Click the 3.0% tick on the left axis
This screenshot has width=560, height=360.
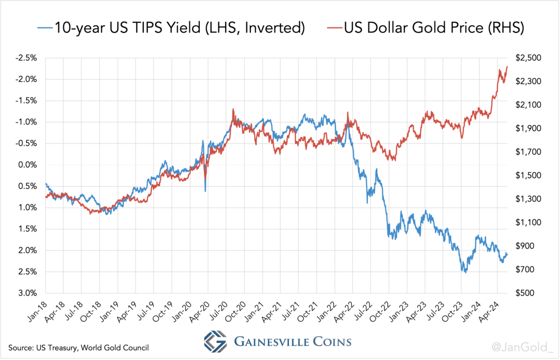(x=28, y=293)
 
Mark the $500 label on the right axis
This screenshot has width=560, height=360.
(x=529, y=293)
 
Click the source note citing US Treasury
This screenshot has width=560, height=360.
(x=78, y=347)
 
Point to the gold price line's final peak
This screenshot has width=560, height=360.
(x=507, y=67)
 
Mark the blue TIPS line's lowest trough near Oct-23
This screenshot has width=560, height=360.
(x=464, y=272)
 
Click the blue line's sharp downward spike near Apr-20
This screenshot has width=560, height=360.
(x=205, y=191)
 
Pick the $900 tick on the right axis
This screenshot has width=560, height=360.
(x=529, y=246)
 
